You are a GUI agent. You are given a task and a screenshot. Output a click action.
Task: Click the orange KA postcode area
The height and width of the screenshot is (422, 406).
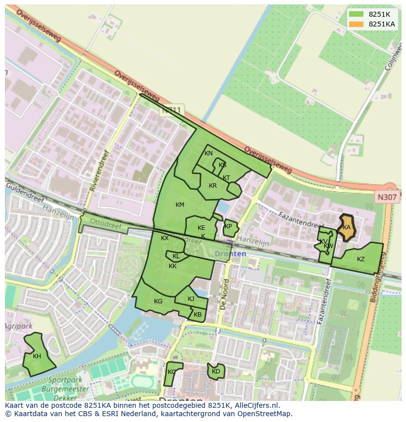point(347,227)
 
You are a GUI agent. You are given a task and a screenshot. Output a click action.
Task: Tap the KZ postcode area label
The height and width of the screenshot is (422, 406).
point(361,259)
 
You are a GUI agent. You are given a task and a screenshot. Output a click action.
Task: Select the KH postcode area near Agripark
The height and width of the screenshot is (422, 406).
point(37,356)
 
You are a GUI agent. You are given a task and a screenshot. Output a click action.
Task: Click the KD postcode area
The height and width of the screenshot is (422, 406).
point(216,372)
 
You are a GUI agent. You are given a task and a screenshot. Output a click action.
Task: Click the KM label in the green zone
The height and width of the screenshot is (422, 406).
point(180,205)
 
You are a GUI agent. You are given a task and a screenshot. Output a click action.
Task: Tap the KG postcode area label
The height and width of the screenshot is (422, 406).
point(158,301)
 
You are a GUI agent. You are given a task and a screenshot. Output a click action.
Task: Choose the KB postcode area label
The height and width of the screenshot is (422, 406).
point(198,315)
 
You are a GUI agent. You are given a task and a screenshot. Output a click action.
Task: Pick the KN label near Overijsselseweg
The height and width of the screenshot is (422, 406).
point(208,153)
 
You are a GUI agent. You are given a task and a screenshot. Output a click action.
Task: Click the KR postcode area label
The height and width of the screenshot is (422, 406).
point(213,186)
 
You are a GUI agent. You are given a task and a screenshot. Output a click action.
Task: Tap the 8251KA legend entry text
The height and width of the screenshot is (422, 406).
point(382,24)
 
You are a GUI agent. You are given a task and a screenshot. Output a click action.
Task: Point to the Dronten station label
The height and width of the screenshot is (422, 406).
point(230,254)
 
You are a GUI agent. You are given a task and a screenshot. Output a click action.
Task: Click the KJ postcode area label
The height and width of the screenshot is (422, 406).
point(191,299)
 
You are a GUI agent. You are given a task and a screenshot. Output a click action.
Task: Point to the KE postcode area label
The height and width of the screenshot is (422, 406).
point(201,228)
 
